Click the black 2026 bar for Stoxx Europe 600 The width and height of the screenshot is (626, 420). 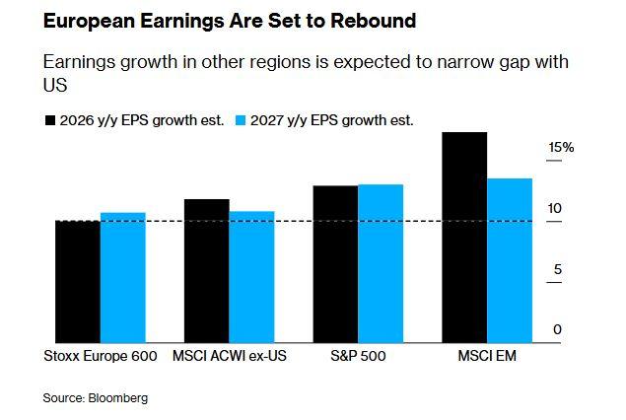tap(78, 282)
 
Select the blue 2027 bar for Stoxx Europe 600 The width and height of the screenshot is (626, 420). tap(123, 278)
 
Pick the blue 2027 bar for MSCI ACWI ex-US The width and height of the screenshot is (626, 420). tap(252, 277)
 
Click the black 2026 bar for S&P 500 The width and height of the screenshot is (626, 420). tap(335, 264)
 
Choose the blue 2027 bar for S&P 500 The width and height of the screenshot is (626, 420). tap(381, 263)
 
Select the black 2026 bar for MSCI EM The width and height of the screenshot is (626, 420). tap(464, 238)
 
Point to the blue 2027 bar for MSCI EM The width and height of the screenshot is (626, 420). tap(510, 260)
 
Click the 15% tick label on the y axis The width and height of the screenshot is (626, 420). tap(561, 148)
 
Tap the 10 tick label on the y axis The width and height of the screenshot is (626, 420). tap(555, 209)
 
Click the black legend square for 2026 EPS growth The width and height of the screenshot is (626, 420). tap(49, 120)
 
